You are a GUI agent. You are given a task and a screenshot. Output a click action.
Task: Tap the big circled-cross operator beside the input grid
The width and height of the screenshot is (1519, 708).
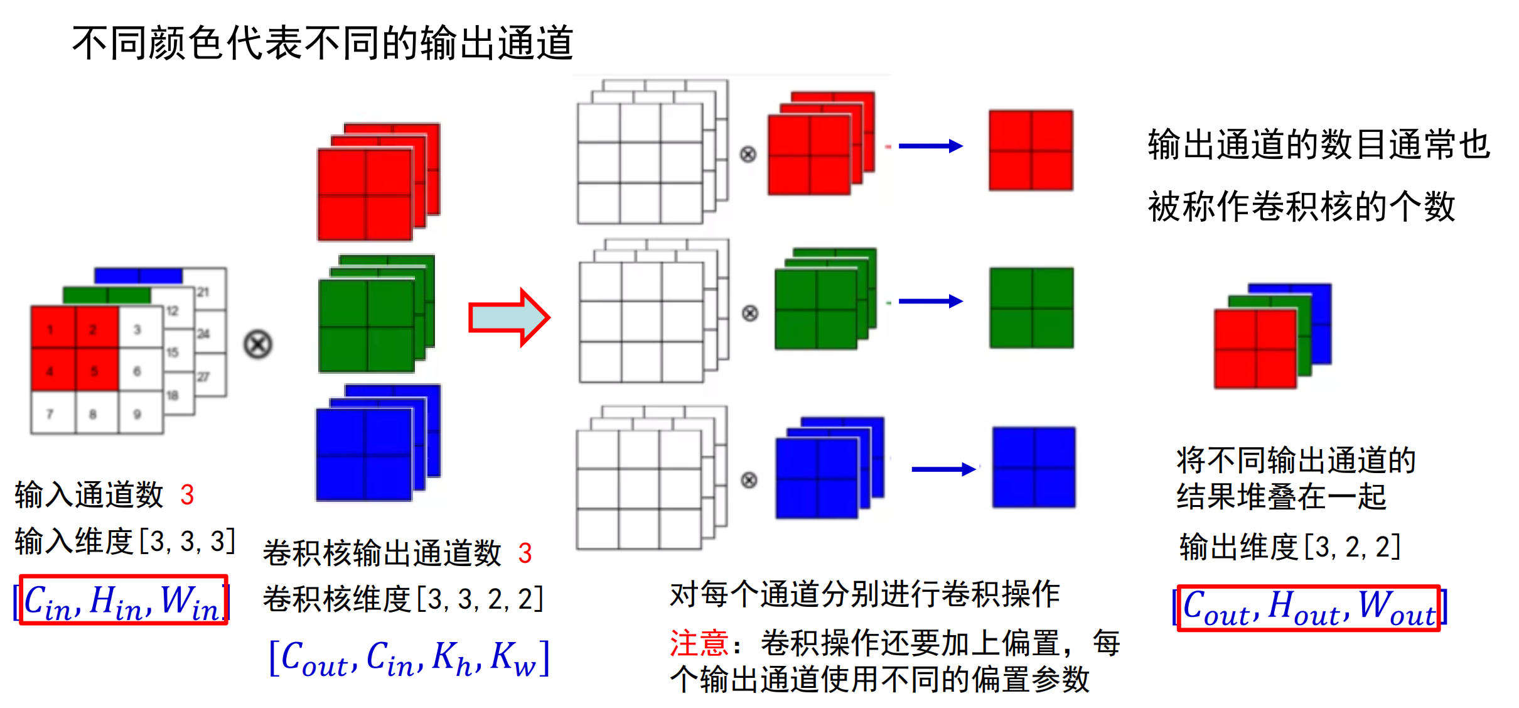[258, 345]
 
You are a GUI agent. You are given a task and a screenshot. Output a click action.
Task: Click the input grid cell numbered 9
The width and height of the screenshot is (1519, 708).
[138, 413]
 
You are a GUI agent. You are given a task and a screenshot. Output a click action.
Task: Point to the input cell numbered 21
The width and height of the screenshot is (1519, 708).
[203, 292]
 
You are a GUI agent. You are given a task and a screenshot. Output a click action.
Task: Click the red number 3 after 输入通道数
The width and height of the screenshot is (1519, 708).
[187, 495]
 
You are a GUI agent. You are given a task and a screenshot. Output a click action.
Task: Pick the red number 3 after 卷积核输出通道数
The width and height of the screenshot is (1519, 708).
[525, 553]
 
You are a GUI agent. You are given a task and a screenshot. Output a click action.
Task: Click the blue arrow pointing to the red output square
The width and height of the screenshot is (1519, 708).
[930, 146]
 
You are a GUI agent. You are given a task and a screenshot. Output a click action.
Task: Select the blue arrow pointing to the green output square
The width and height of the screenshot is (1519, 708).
[930, 302]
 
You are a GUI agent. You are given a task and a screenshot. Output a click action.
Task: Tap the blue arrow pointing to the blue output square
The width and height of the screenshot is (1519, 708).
[943, 469]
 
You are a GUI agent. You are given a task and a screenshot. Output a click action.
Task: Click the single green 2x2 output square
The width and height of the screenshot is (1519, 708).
[1031, 308]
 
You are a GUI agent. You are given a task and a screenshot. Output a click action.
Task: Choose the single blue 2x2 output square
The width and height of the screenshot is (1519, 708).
[1033, 467]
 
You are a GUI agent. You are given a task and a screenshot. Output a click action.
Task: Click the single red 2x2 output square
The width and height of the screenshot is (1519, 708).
[1031, 151]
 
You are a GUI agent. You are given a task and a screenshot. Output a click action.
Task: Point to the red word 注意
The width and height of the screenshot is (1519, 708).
[699, 643]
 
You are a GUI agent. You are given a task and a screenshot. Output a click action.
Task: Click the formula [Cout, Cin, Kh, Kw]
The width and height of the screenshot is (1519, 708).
[409, 658]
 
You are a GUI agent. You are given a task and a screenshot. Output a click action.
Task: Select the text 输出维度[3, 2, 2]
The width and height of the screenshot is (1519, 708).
[1289, 547]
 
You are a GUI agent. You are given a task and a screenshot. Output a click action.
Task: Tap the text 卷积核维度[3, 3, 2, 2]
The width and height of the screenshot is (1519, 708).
[403, 599]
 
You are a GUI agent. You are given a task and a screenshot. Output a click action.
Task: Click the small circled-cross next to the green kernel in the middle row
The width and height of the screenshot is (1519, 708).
[750, 313]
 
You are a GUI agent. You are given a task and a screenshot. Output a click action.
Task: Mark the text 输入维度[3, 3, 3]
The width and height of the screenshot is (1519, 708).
[125, 541]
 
